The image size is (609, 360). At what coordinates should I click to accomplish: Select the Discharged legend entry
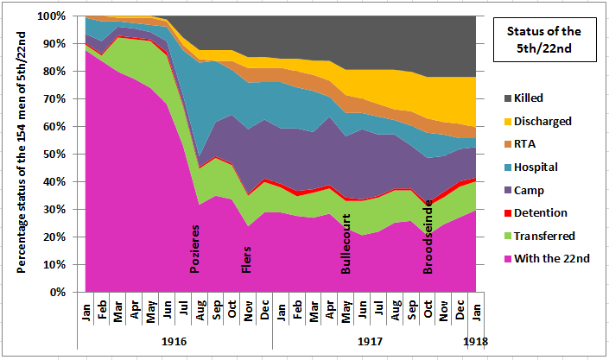[541, 122]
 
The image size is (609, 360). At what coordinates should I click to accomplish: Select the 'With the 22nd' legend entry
[548, 258]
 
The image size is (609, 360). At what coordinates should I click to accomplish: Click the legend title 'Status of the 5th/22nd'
[540, 41]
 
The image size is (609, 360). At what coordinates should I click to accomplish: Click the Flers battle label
[247, 260]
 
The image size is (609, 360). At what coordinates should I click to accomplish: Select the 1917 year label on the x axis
[370, 342]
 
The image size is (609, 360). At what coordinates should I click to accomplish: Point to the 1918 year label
[475, 342]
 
